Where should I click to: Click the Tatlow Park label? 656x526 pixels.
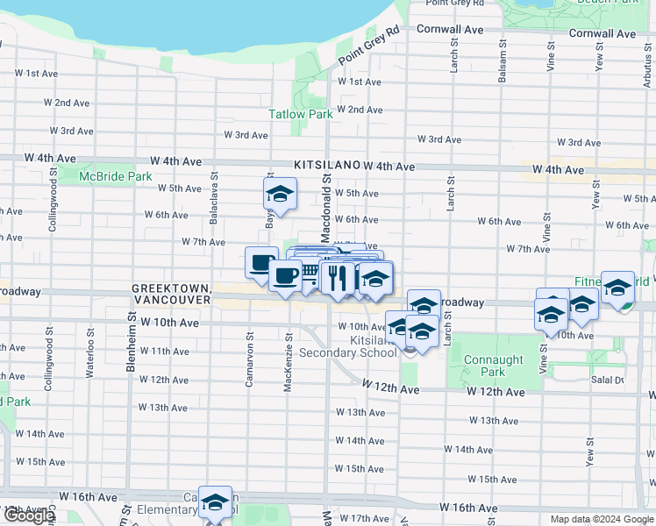[x=300, y=114]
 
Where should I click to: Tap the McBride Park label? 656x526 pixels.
[x=116, y=176]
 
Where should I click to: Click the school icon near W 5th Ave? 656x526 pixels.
[x=280, y=194]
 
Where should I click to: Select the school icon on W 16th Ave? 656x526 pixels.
[x=215, y=502]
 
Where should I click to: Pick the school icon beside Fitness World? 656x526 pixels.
[x=617, y=288]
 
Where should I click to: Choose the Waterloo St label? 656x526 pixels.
[x=89, y=345]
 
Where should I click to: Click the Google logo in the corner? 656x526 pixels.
[x=28, y=515]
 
